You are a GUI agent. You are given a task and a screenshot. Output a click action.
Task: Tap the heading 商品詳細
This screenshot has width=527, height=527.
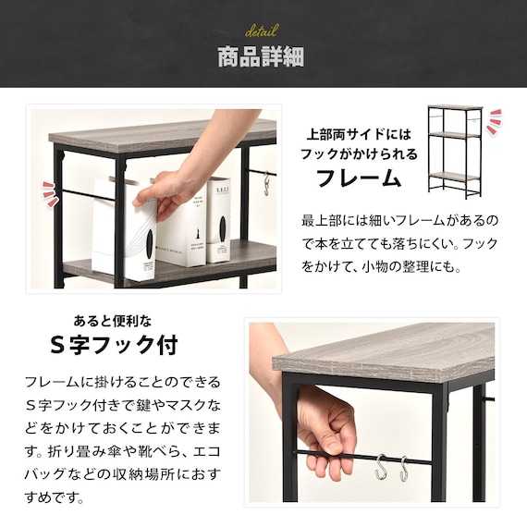point(261,57)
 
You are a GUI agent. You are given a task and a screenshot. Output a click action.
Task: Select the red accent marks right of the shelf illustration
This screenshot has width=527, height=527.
point(495,122)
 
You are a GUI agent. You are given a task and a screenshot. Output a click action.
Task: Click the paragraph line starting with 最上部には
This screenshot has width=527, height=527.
point(400,222)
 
